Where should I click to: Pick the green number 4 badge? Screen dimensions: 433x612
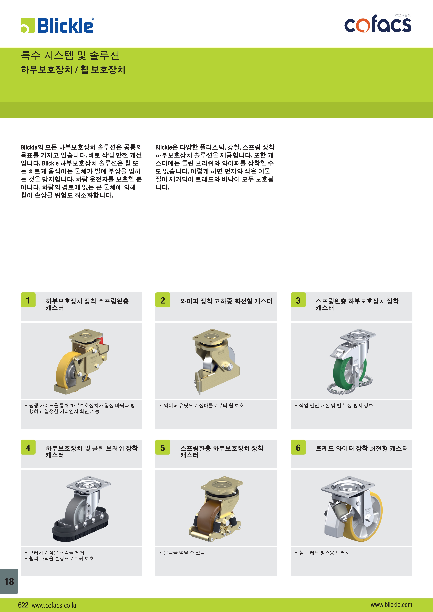(28, 447)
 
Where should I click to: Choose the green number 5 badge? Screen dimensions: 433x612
(163, 447)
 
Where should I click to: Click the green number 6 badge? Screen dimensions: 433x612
(298, 447)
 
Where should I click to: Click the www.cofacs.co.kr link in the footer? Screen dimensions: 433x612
(54, 605)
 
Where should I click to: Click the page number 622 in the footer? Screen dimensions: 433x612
(23, 605)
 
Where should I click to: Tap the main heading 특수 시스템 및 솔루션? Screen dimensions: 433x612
(70, 55)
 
